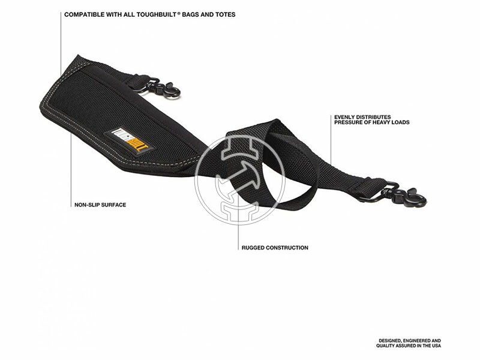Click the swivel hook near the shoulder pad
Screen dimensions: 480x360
click(161, 87)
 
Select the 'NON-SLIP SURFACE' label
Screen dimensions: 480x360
click(100, 205)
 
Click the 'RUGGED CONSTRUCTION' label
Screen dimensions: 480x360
click(275, 248)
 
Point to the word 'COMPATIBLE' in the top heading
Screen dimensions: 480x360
click(84, 14)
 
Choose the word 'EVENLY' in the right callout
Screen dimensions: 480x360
click(344, 117)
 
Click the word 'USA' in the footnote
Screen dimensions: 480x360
click(436, 346)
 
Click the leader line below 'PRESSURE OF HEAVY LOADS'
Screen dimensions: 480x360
click(331, 140)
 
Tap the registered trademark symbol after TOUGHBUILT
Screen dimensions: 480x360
click(178, 13)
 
